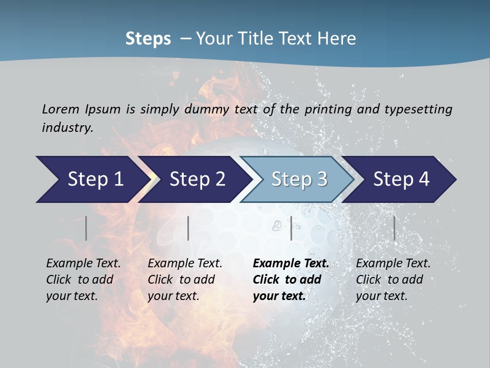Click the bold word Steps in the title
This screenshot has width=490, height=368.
pos(148,39)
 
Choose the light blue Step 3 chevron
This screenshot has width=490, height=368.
pos(299,179)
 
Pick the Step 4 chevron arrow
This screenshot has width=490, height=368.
pos(401,179)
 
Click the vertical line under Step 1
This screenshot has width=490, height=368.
pos(86,228)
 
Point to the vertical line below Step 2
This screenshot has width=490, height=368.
pos(188,228)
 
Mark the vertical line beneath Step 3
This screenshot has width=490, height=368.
pos(291,228)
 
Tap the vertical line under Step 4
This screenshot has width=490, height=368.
pos(394,228)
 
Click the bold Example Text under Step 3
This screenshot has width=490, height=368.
pos(291,264)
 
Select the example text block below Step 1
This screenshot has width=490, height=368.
pos(83,280)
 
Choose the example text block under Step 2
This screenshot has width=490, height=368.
pos(185,280)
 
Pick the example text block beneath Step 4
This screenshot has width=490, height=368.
pos(393,280)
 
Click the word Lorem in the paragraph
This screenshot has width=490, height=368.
pos(61,109)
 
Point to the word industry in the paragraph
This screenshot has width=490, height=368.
pos(67,127)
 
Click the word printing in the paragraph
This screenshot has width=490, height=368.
pos(328,109)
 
